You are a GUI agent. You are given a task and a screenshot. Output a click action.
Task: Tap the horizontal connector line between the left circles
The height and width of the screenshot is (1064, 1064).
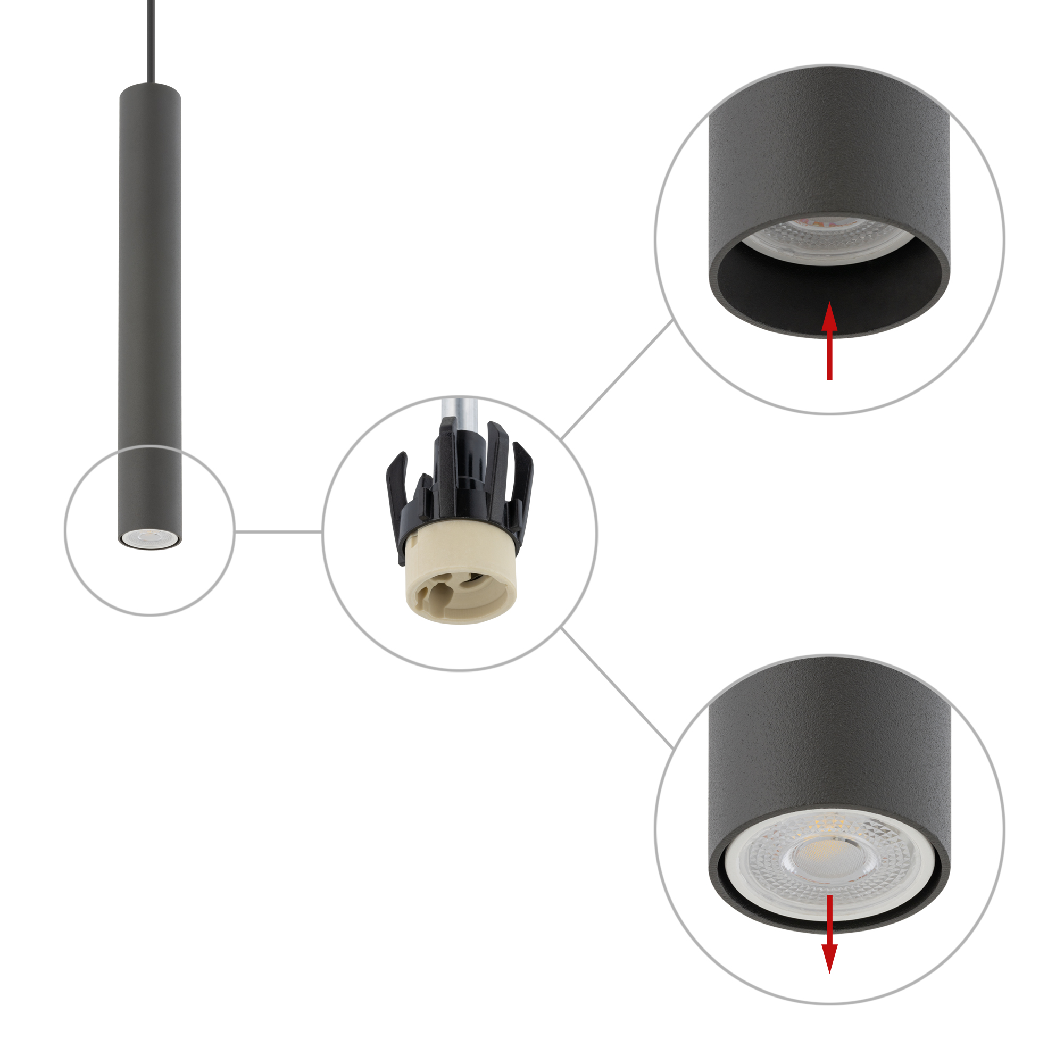278,531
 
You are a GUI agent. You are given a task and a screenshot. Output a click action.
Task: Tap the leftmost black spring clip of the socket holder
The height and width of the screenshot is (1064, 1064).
395,485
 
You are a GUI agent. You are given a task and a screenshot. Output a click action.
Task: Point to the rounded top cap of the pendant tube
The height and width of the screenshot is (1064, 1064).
150,89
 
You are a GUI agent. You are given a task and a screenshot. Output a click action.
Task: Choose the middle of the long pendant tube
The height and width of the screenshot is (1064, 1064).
150,309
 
